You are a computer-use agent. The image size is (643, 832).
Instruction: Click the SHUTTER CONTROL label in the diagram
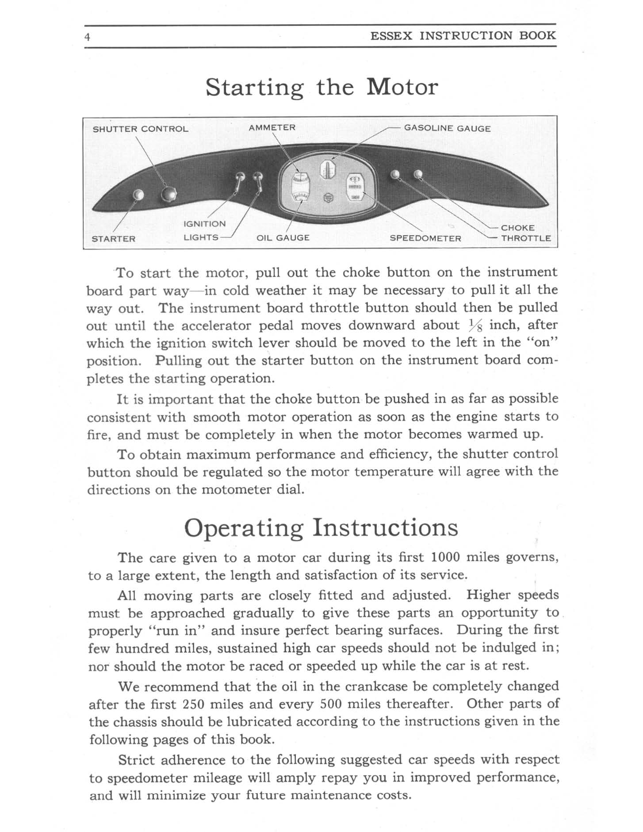click(140, 129)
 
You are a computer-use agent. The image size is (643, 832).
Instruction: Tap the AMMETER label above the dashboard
click(272, 127)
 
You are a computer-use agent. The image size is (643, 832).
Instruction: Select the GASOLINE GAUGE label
click(447, 128)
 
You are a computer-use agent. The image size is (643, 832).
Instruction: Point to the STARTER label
click(113, 239)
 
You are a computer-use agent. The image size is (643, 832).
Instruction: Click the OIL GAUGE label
click(283, 238)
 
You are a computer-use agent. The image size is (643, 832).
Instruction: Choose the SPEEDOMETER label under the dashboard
click(425, 238)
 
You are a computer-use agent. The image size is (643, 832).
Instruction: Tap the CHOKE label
click(517, 228)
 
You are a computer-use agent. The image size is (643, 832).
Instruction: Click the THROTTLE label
click(525, 238)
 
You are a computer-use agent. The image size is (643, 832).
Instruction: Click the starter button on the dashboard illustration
click(138, 195)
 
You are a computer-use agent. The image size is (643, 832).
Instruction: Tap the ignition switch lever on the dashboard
click(239, 181)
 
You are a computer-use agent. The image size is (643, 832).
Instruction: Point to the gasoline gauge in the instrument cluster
click(327, 169)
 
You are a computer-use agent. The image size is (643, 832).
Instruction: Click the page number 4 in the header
click(88, 37)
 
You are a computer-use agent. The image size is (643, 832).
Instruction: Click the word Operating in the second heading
click(244, 527)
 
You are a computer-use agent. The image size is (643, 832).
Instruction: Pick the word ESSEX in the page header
click(391, 36)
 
